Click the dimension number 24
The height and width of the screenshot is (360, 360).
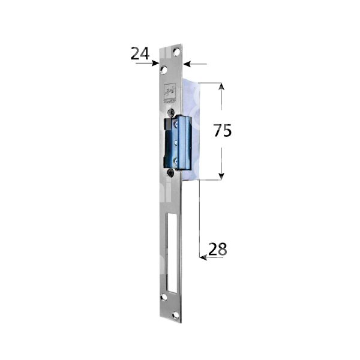pyautogui.click(x=140, y=54)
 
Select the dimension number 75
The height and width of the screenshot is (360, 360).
pyautogui.click(x=223, y=131)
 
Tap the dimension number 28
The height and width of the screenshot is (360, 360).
pyautogui.click(x=217, y=249)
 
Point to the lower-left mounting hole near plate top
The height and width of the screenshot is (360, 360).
pyautogui.click(x=163, y=68)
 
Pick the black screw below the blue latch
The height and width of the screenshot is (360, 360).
pyautogui.click(x=173, y=173)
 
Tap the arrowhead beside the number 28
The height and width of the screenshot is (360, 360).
pyautogui.click(x=203, y=257)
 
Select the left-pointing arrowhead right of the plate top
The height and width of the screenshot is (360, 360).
pyautogui.click(x=187, y=62)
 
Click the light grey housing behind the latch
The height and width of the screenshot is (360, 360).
pyautogui.click(x=191, y=96)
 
